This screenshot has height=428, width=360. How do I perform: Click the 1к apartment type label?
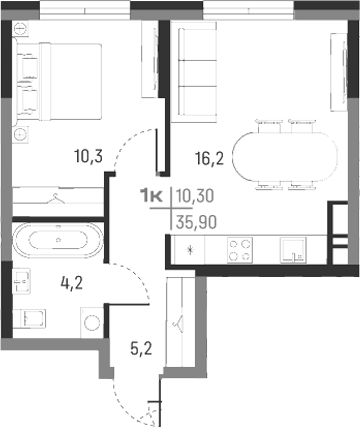click(154, 199)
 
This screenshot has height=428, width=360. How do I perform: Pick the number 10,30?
click(196, 199)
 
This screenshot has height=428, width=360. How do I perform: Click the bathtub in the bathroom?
click(59, 240)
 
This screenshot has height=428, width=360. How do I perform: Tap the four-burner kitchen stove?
click(240, 249)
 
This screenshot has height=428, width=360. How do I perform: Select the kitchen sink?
click(291, 249)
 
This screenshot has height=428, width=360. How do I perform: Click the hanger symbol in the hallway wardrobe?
click(178, 322)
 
